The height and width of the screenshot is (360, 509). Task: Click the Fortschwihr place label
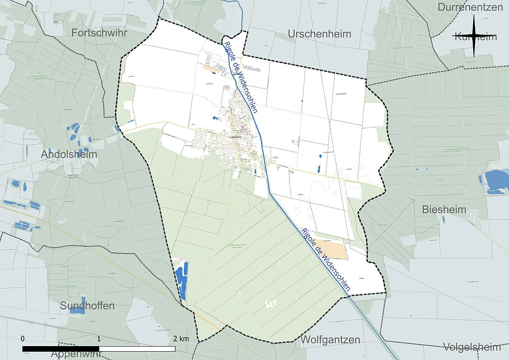99,33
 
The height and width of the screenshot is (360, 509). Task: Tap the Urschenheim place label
319,34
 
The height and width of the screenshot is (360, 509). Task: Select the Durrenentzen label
470,7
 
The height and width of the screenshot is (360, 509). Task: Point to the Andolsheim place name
69,154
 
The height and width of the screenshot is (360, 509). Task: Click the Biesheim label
444,209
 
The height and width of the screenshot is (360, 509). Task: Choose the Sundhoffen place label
87,306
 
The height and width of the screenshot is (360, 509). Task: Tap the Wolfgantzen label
330,340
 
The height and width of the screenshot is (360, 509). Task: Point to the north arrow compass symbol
474,36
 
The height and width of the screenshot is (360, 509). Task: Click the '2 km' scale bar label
181,339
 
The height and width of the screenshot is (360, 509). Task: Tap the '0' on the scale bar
23,339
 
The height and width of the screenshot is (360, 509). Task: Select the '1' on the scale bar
99,339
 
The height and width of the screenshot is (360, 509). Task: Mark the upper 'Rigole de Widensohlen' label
241,77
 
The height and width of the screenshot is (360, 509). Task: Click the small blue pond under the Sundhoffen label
78,310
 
